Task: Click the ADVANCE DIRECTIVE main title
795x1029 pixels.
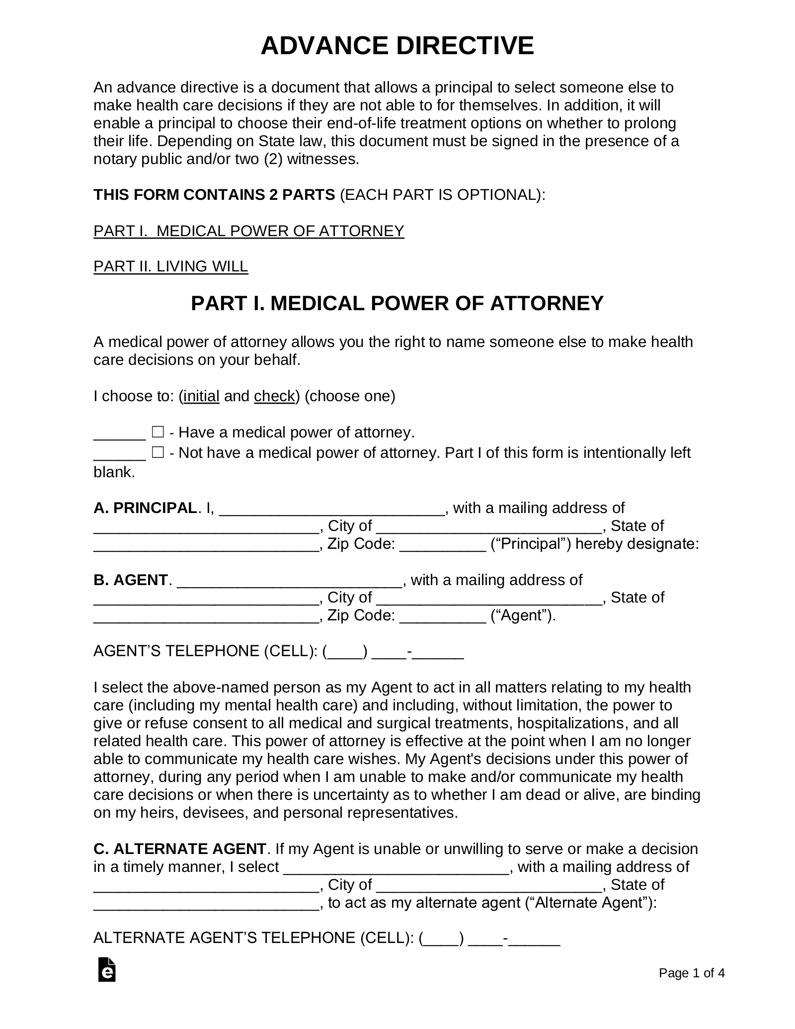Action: click(x=397, y=46)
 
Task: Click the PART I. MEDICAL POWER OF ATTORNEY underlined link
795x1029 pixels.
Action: click(x=248, y=231)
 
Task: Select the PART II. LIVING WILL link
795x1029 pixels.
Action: click(x=170, y=266)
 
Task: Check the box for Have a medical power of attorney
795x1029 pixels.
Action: click(x=158, y=431)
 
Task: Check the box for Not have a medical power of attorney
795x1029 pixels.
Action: click(x=158, y=452)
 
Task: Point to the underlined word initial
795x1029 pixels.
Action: click(x=201, y=396)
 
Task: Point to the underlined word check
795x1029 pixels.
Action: click(x=274, y=396)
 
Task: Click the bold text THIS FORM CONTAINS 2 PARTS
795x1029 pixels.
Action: click(x=214, y=195)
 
